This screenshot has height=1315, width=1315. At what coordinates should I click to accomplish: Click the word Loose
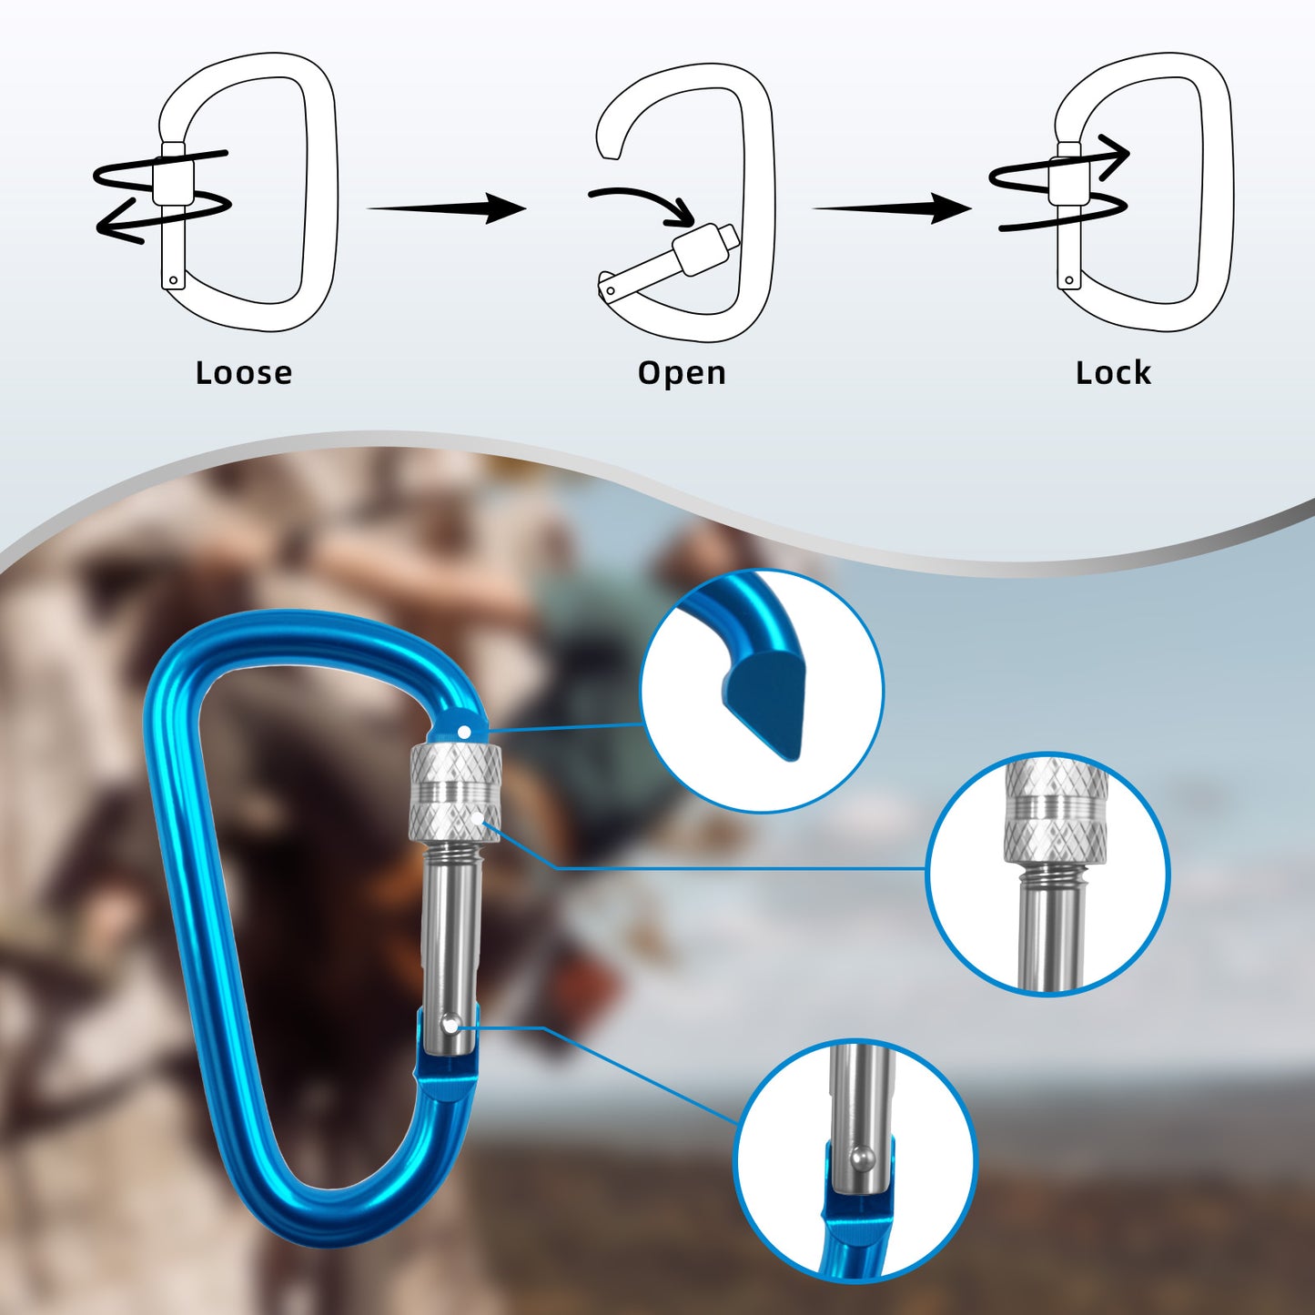coord(244,373)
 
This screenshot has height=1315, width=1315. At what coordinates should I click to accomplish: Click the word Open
coord(682,373)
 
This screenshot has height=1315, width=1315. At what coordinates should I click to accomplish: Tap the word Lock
coord(1113,373)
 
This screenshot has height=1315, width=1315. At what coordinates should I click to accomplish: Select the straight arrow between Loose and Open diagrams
coord(446,207)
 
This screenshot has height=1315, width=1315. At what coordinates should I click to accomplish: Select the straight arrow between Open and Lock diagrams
coord(892,207)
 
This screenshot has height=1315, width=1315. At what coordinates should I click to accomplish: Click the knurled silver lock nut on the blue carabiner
coord(455,791)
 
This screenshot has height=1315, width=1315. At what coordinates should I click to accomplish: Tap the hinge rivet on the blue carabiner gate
coord(450,1026)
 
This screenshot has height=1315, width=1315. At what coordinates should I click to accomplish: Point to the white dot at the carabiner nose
coord(465,732)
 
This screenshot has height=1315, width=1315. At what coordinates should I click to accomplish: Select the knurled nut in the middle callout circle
coord(1056,814)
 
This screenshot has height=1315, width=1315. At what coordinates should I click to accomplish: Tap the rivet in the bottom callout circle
coord(862,1158)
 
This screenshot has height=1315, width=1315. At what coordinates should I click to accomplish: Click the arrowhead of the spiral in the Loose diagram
coord(114,223)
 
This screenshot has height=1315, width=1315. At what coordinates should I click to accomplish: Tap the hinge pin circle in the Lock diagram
coord(1070,280)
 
